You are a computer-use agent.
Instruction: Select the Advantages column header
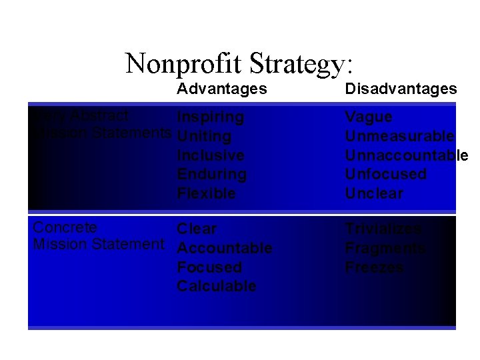coord(222,89)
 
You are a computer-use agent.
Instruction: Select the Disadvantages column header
coord(401,89)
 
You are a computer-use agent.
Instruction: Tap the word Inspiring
coord(211,117)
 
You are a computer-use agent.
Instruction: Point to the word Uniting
coord(204,137)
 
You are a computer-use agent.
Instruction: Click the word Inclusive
coord(211,155)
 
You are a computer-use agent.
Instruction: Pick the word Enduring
coord(212,175)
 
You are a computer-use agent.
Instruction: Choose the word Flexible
coord(207,194)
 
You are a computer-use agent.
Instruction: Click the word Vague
coord(369,117)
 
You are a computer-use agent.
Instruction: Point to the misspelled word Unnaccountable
coord(407,155)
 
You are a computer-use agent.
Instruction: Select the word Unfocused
coord(385,175)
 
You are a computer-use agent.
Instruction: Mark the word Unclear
coord(374,194)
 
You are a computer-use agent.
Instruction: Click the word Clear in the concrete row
coord(197,229)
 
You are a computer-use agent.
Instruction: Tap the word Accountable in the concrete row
coord(225,248)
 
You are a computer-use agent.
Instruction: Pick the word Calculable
coord(217,286)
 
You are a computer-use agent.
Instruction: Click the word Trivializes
coord(383,229)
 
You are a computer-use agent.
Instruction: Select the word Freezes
coord(374,267)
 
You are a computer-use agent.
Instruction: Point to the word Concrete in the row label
coord(65,227)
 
